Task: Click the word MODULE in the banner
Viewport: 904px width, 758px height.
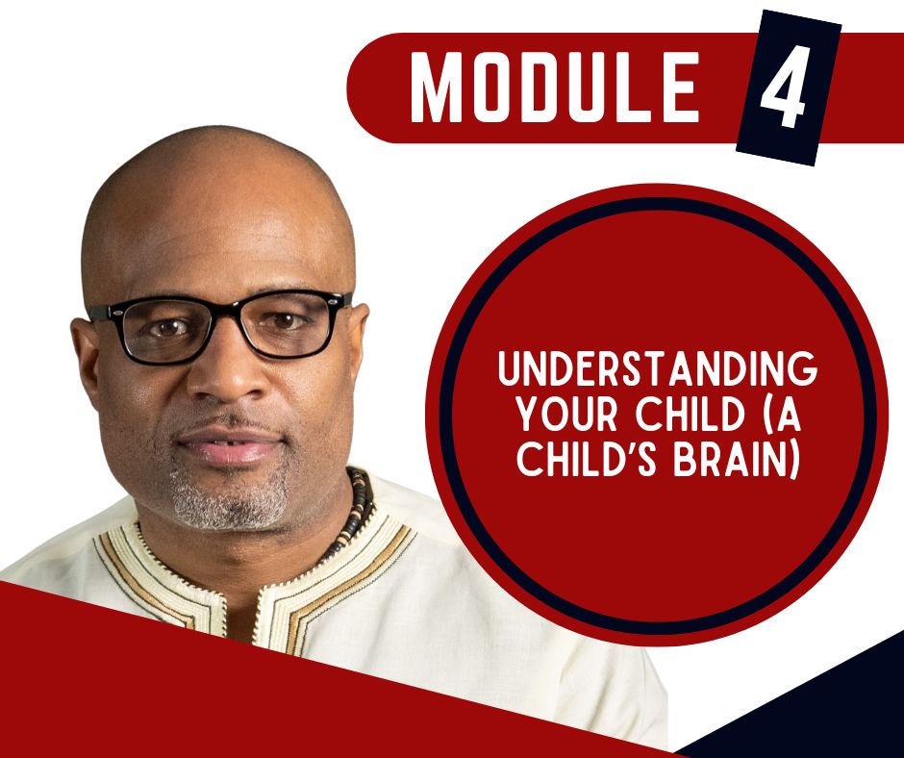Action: (555, 87)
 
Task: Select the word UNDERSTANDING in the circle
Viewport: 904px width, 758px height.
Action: (657, 369)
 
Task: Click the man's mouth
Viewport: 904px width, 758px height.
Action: (229, 446)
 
